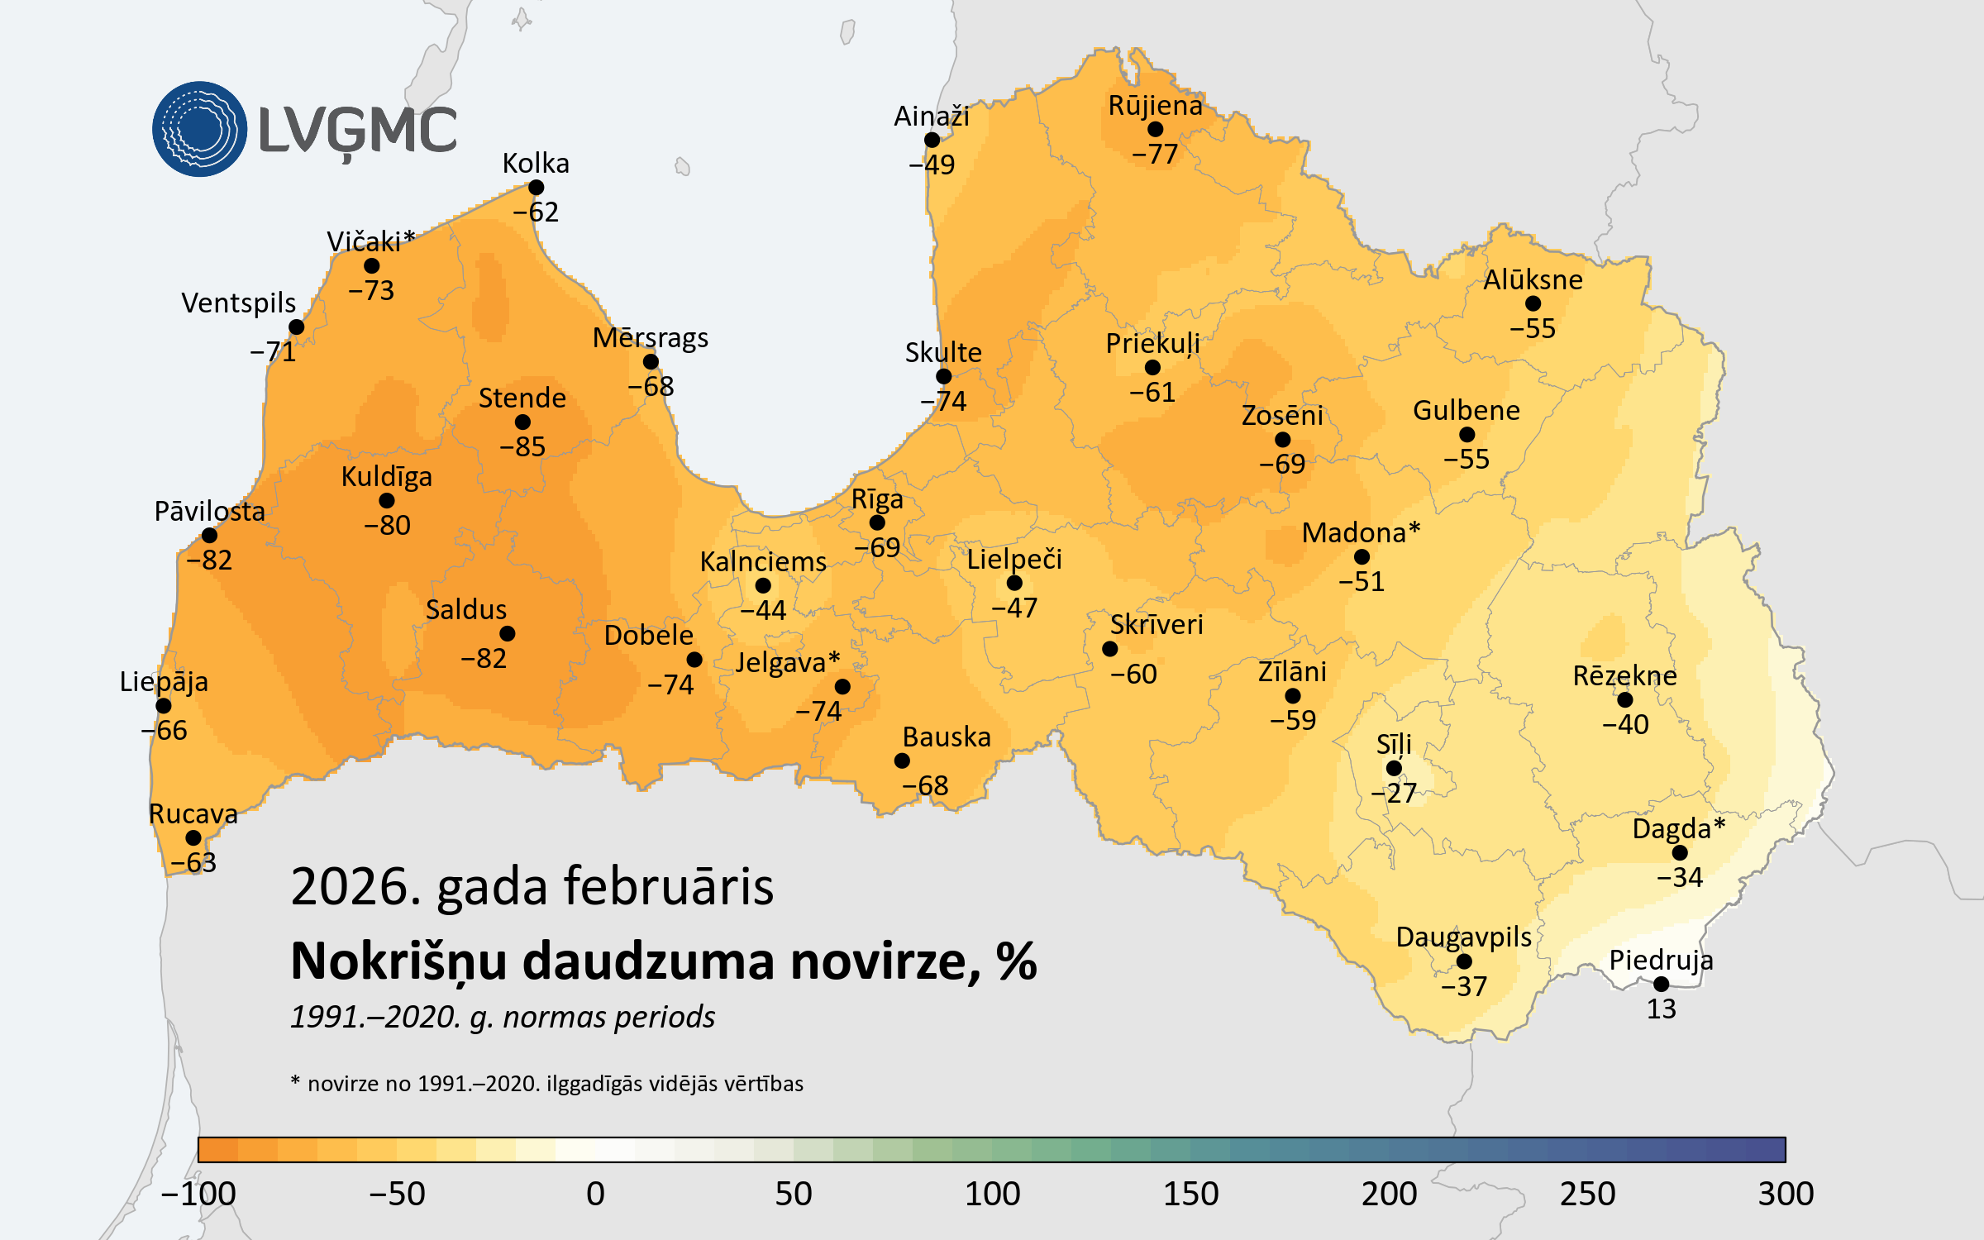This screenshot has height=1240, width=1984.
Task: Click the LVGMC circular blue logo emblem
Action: (199, 129)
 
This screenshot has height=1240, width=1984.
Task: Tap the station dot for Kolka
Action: (536, 188)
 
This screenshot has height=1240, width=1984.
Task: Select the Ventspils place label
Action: (238, 303)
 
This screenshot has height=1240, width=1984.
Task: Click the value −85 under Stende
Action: (522, 446)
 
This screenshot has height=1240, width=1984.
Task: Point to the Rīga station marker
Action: (877, 522)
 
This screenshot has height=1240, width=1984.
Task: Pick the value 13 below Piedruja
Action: (1661, 1009)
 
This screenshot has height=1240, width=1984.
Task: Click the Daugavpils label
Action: (1463, 937)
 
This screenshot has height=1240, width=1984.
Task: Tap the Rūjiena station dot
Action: (1155, 129)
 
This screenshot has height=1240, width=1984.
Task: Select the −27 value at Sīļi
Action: (1394, 793)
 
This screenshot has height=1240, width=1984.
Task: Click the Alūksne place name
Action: (1533, 279)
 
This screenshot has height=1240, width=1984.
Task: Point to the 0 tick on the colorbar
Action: (595, 1194)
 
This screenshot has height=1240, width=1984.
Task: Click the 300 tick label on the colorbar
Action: (1786, 1194)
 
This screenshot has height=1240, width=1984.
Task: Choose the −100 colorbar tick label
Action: (198, 1194)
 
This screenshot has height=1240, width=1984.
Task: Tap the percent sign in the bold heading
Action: (1016, 961)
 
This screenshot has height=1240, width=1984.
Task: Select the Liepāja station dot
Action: (164, 705)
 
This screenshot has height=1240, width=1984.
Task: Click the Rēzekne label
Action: (1624, 675)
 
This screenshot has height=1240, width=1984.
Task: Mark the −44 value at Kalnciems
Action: (763, 610)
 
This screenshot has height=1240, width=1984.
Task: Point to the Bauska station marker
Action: (902, 761)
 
